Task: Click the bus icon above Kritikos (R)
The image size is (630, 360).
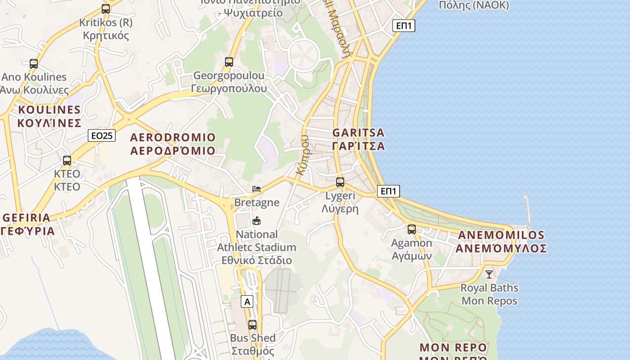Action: pyautogui.click(x=106, y=9)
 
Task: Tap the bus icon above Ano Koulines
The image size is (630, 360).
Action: pyautogui.click(x=34, y=63)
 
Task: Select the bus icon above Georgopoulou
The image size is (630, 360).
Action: pyautogui.click(x=229, y=62)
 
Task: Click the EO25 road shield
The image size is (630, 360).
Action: pyautogui.click(x=102, y=135)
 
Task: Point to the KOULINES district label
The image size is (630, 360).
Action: pyautogui.click(x=49, y=116)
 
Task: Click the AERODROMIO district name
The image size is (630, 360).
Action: pyautogui.click(x=173, y=144)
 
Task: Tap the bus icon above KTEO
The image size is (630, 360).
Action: pyautogui.click(x=67, y=160)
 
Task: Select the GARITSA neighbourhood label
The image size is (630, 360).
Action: pyautogui.click(x=359, y=139)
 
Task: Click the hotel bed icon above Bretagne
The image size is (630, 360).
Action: pyautogui.click(x=256, y=189)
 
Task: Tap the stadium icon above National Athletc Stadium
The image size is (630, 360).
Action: pyautogui.click(x=256, y=220)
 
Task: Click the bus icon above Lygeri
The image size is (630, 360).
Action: pyautogui.click(x=340, y=182)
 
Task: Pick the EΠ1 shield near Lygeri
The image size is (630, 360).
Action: pyautogui.click(x=388, y=191)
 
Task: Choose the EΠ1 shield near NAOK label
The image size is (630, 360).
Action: pyautogui.click(x=404, y=26)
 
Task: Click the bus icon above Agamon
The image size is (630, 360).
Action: pyautogui.click(x=412, y=229)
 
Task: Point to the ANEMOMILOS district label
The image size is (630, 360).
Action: pyautogui.click(x=501, y=242)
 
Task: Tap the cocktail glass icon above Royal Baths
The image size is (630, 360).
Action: pyautogui.click(x=489, y=274)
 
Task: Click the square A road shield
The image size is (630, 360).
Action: pyautogui.click(x=247, y=301)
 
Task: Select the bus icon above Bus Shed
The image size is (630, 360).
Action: pyautogui.click(x=252, y=324)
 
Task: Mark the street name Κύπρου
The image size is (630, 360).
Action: pyautogui.click(x=303, y=155)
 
